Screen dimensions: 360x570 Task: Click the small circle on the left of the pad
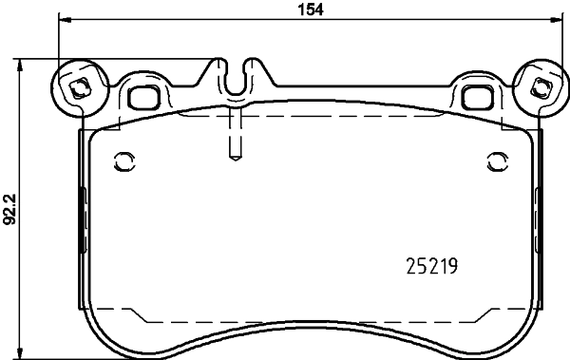pyautogui.click(x=121, y=160)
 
